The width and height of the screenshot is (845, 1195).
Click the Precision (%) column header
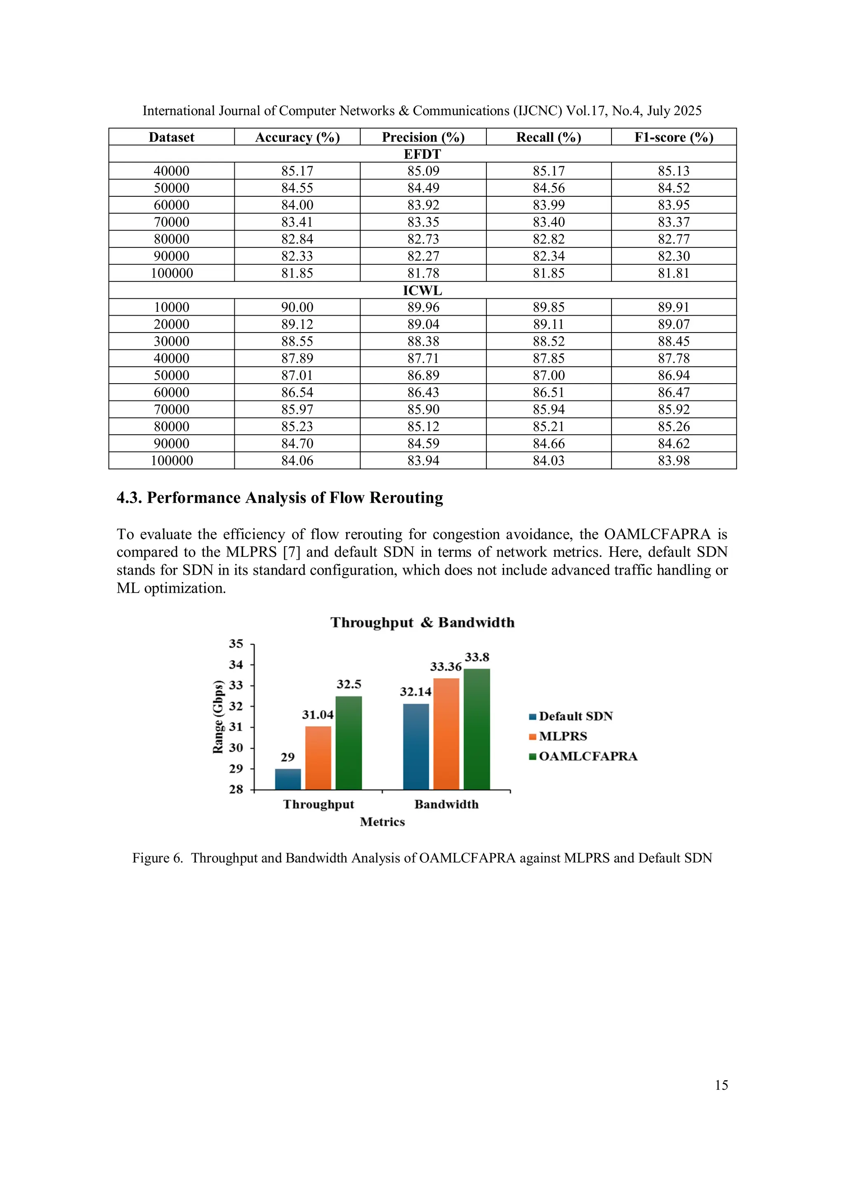[x=423, y=137]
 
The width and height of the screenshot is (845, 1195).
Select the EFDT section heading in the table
[x=422, y=154]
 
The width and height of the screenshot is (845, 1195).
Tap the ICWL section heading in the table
[x=422, y=290]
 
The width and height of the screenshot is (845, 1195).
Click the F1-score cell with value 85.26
[x=673, y=426]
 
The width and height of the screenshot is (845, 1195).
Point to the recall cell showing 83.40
[x=548, y=222]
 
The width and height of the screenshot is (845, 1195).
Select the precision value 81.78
[x=423, y=273]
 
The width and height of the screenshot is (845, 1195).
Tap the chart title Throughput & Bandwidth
[x=422, y=622]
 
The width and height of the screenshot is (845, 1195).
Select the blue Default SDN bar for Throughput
[x=288, y=779]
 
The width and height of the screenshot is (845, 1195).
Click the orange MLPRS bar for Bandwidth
[x=446, y=734]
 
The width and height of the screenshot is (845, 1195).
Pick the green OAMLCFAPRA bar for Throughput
[x=348, y=743]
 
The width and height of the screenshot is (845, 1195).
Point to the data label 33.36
[x=446, y=667]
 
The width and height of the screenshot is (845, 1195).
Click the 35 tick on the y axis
[x=236, y=644]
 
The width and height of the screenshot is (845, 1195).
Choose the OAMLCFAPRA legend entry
[x=587, y=756]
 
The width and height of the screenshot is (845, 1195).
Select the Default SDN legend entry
[x=575, y=716]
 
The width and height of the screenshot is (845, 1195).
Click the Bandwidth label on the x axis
[x=446, y=804]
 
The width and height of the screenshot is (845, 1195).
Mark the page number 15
[x=721, y=1085]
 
